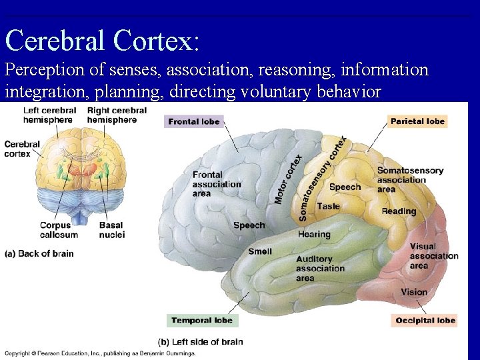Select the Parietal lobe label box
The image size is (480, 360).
(417, 121)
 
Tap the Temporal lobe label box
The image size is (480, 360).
(201, 321)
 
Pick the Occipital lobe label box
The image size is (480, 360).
(425, 321)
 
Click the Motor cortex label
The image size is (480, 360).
(288, 179)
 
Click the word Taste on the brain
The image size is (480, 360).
(328, 207)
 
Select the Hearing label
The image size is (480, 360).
(314, 235)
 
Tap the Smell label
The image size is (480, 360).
(259, 251)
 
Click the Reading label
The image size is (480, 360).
(399, 211)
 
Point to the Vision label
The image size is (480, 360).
(414, 292)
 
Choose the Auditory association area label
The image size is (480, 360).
(320, 269)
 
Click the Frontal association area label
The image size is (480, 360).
(217, 184)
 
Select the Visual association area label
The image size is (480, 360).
(433, 256)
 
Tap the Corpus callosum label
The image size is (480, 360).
(59, 230)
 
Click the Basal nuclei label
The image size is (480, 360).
(111, 230)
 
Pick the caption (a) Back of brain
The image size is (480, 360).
(39, 253)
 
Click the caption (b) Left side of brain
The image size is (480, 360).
(200, 342)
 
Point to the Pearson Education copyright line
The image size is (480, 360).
(100, 353)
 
